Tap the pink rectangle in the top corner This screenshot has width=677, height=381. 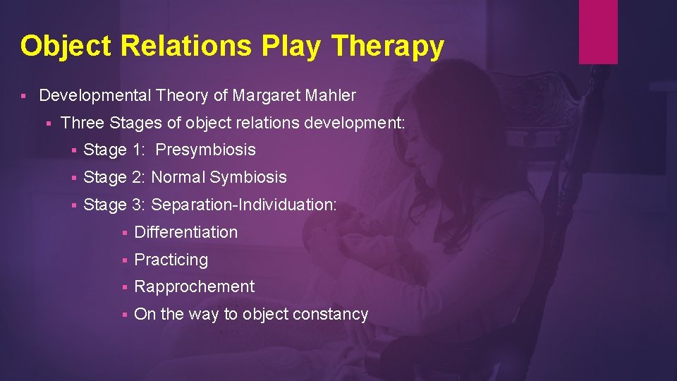(598, 32)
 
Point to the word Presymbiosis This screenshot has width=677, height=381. (205, 150)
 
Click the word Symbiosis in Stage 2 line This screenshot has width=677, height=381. (247, 177)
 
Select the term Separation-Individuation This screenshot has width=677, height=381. (243, 205)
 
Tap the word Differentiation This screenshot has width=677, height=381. (185, 232)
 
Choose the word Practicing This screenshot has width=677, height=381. (171, 260)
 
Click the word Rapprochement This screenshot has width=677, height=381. (194, 286)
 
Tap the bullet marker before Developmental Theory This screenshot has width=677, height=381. (23, 95)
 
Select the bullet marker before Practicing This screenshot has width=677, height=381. (123, 260)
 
